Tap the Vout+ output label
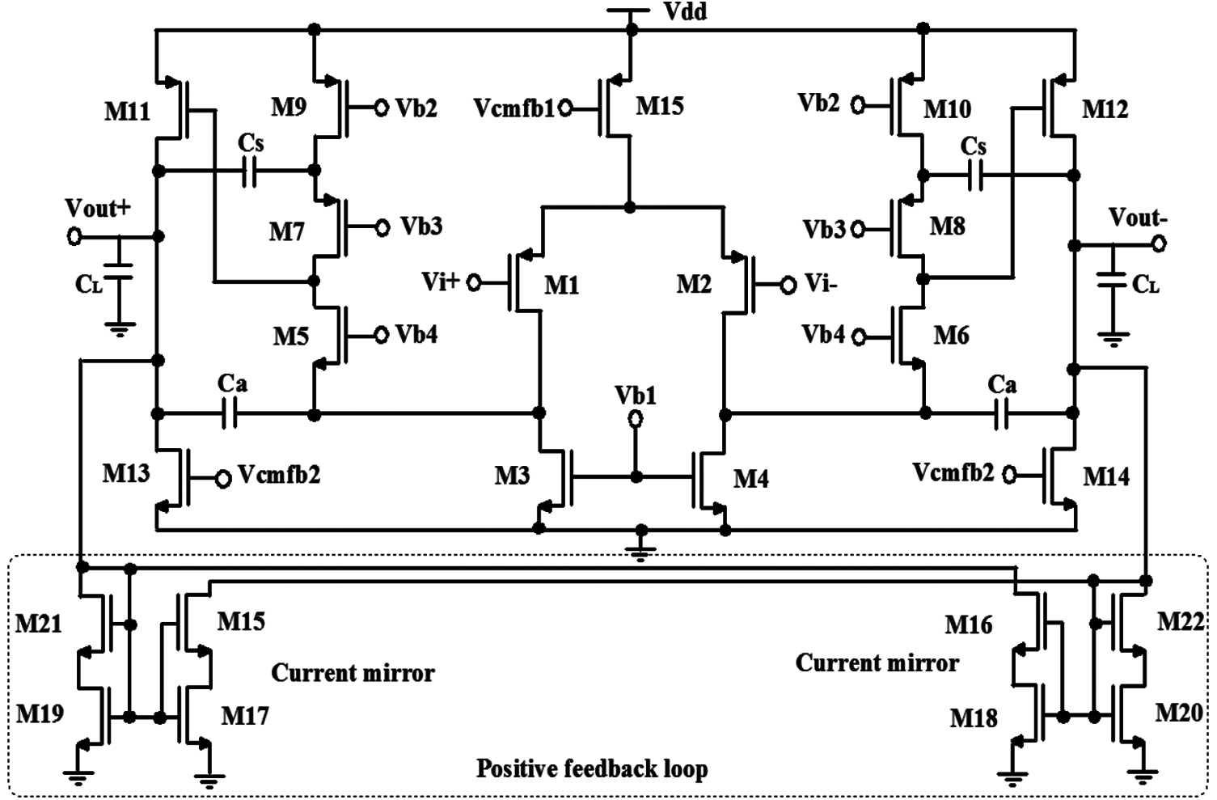(x=97, y=208)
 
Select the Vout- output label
(x=1138, y=218)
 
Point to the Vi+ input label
(x=441, y=281)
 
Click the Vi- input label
(x=821, y=284)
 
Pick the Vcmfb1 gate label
(x=514, y=108)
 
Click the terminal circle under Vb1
(x=636, y=418)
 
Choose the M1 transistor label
(x=561, y=285)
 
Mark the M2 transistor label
(x=694, y=284)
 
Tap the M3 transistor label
(x=512, y=475)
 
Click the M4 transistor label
(x=750, y=479)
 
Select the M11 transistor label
(x=127, y=111)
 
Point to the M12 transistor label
(x=1105, y=109)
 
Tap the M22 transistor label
(x=1181, y=621)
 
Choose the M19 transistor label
(x=40, y=713)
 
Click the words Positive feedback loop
(x=591, y=768)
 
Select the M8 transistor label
(x=947, y=226)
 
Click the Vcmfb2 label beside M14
(x=953, y=472)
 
